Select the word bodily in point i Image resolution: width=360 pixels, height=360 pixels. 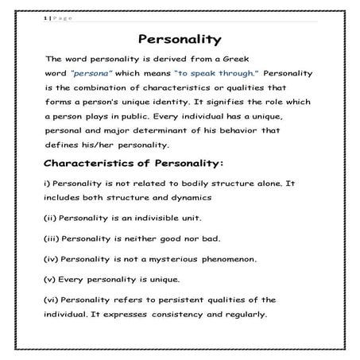tap(173, 184)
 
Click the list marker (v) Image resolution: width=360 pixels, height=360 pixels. tap(52, 280)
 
